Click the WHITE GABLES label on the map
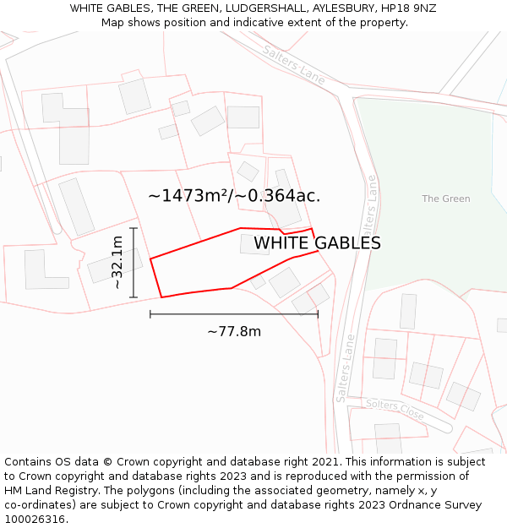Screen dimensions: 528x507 pos(317,243)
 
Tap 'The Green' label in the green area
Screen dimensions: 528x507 pos(446,199)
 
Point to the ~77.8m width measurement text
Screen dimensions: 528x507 pos(234,331)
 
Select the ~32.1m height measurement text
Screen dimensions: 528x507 pos(117,263)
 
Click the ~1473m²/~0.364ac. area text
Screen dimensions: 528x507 pos(234,196)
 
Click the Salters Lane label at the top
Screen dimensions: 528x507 pos(293,64)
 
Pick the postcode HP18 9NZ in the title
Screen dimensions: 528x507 pos(409,8)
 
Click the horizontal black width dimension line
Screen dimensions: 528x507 pos(234,314)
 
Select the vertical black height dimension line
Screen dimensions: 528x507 pos(134,263)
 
